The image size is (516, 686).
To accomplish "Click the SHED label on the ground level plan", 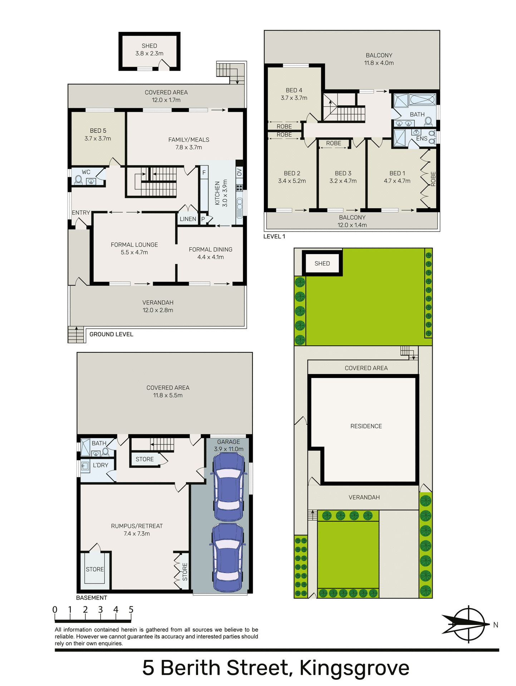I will (x=149, y=46).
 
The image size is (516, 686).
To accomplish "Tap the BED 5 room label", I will (x=98, y=131).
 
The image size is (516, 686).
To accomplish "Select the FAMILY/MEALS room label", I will (x=189, y=140).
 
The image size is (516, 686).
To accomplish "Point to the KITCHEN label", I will (x=217, y=193).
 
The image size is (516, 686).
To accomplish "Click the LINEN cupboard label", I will (x=188, y=219).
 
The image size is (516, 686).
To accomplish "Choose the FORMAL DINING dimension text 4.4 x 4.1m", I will (x=211, y=257).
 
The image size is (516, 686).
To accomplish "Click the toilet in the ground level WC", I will (x=78, y=179).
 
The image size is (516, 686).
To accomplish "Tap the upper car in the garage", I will (x=229, y=487).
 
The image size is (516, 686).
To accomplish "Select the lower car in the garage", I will (x=228, y=557).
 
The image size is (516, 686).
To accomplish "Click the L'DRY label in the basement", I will (x=100, y=465).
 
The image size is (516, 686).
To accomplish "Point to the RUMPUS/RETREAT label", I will (x=137, y=526).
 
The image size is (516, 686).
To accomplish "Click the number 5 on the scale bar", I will (x=131, y=610).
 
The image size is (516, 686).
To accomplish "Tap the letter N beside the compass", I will (x=496, y=625).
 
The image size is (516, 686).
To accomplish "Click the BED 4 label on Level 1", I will (x=294, y=90).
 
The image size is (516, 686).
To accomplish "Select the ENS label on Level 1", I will (x=422, y=139).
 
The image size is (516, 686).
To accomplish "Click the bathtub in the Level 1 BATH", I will (x=422, y=100).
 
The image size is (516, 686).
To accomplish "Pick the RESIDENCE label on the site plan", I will (x=366, y=426).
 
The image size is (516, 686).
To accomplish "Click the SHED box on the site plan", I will (x=322, y=263).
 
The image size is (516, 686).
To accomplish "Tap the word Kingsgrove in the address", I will (x=354, y=668).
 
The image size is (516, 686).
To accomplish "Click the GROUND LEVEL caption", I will (x=111, y=334).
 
